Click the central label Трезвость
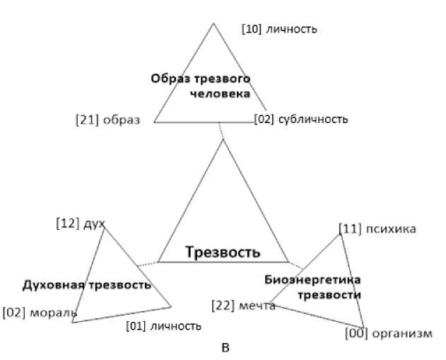tap(223, 252)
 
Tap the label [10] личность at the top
tap(279, 29)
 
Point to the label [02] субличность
tap(301, 119)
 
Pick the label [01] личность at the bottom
tap(163, 326)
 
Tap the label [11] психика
tap(377, 228)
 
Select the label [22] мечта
tap(244, 305)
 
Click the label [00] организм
tap(388, 333)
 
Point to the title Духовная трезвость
tap(87, 285)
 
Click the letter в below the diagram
tap(225, 348)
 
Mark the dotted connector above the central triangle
tap(221, 131)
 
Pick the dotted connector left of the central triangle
tap(147, 264)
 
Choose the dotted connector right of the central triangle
tap(297, 265)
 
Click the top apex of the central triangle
tap(223, 139)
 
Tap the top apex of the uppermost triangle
tap(213, 23)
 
